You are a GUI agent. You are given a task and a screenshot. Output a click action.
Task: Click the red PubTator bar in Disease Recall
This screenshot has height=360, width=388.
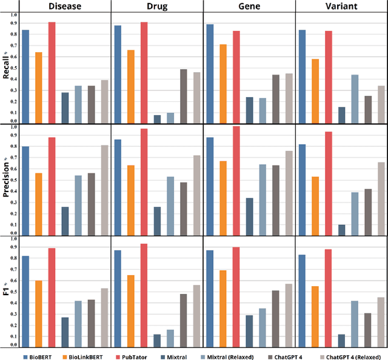(52, 72)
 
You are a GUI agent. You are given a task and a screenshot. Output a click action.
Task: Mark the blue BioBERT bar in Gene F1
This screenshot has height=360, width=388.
(210, 298)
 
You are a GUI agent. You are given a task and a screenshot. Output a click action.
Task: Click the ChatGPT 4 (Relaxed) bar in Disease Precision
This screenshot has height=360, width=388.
(104, 190)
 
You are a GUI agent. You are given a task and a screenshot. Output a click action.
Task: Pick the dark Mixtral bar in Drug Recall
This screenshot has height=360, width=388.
(157, 119)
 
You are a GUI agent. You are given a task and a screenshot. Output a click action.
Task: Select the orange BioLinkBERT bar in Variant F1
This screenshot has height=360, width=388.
(315, 316)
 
